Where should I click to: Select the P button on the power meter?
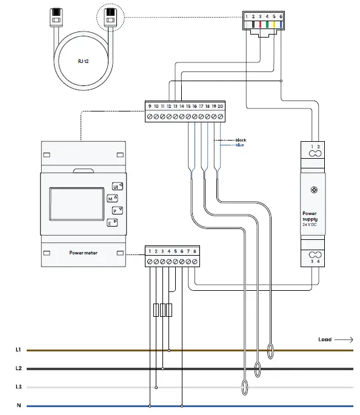(115, 211)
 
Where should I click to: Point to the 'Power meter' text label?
(83, 252)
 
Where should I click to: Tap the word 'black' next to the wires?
(241, 140)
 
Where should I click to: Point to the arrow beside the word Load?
(344, 340)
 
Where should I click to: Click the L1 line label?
(18, 350)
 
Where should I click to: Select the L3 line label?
(18, 387)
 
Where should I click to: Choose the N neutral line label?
(19, 406)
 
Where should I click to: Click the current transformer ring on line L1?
(271, 350)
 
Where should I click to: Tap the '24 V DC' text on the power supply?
(310, 224)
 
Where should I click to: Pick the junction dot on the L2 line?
(162, 368)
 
